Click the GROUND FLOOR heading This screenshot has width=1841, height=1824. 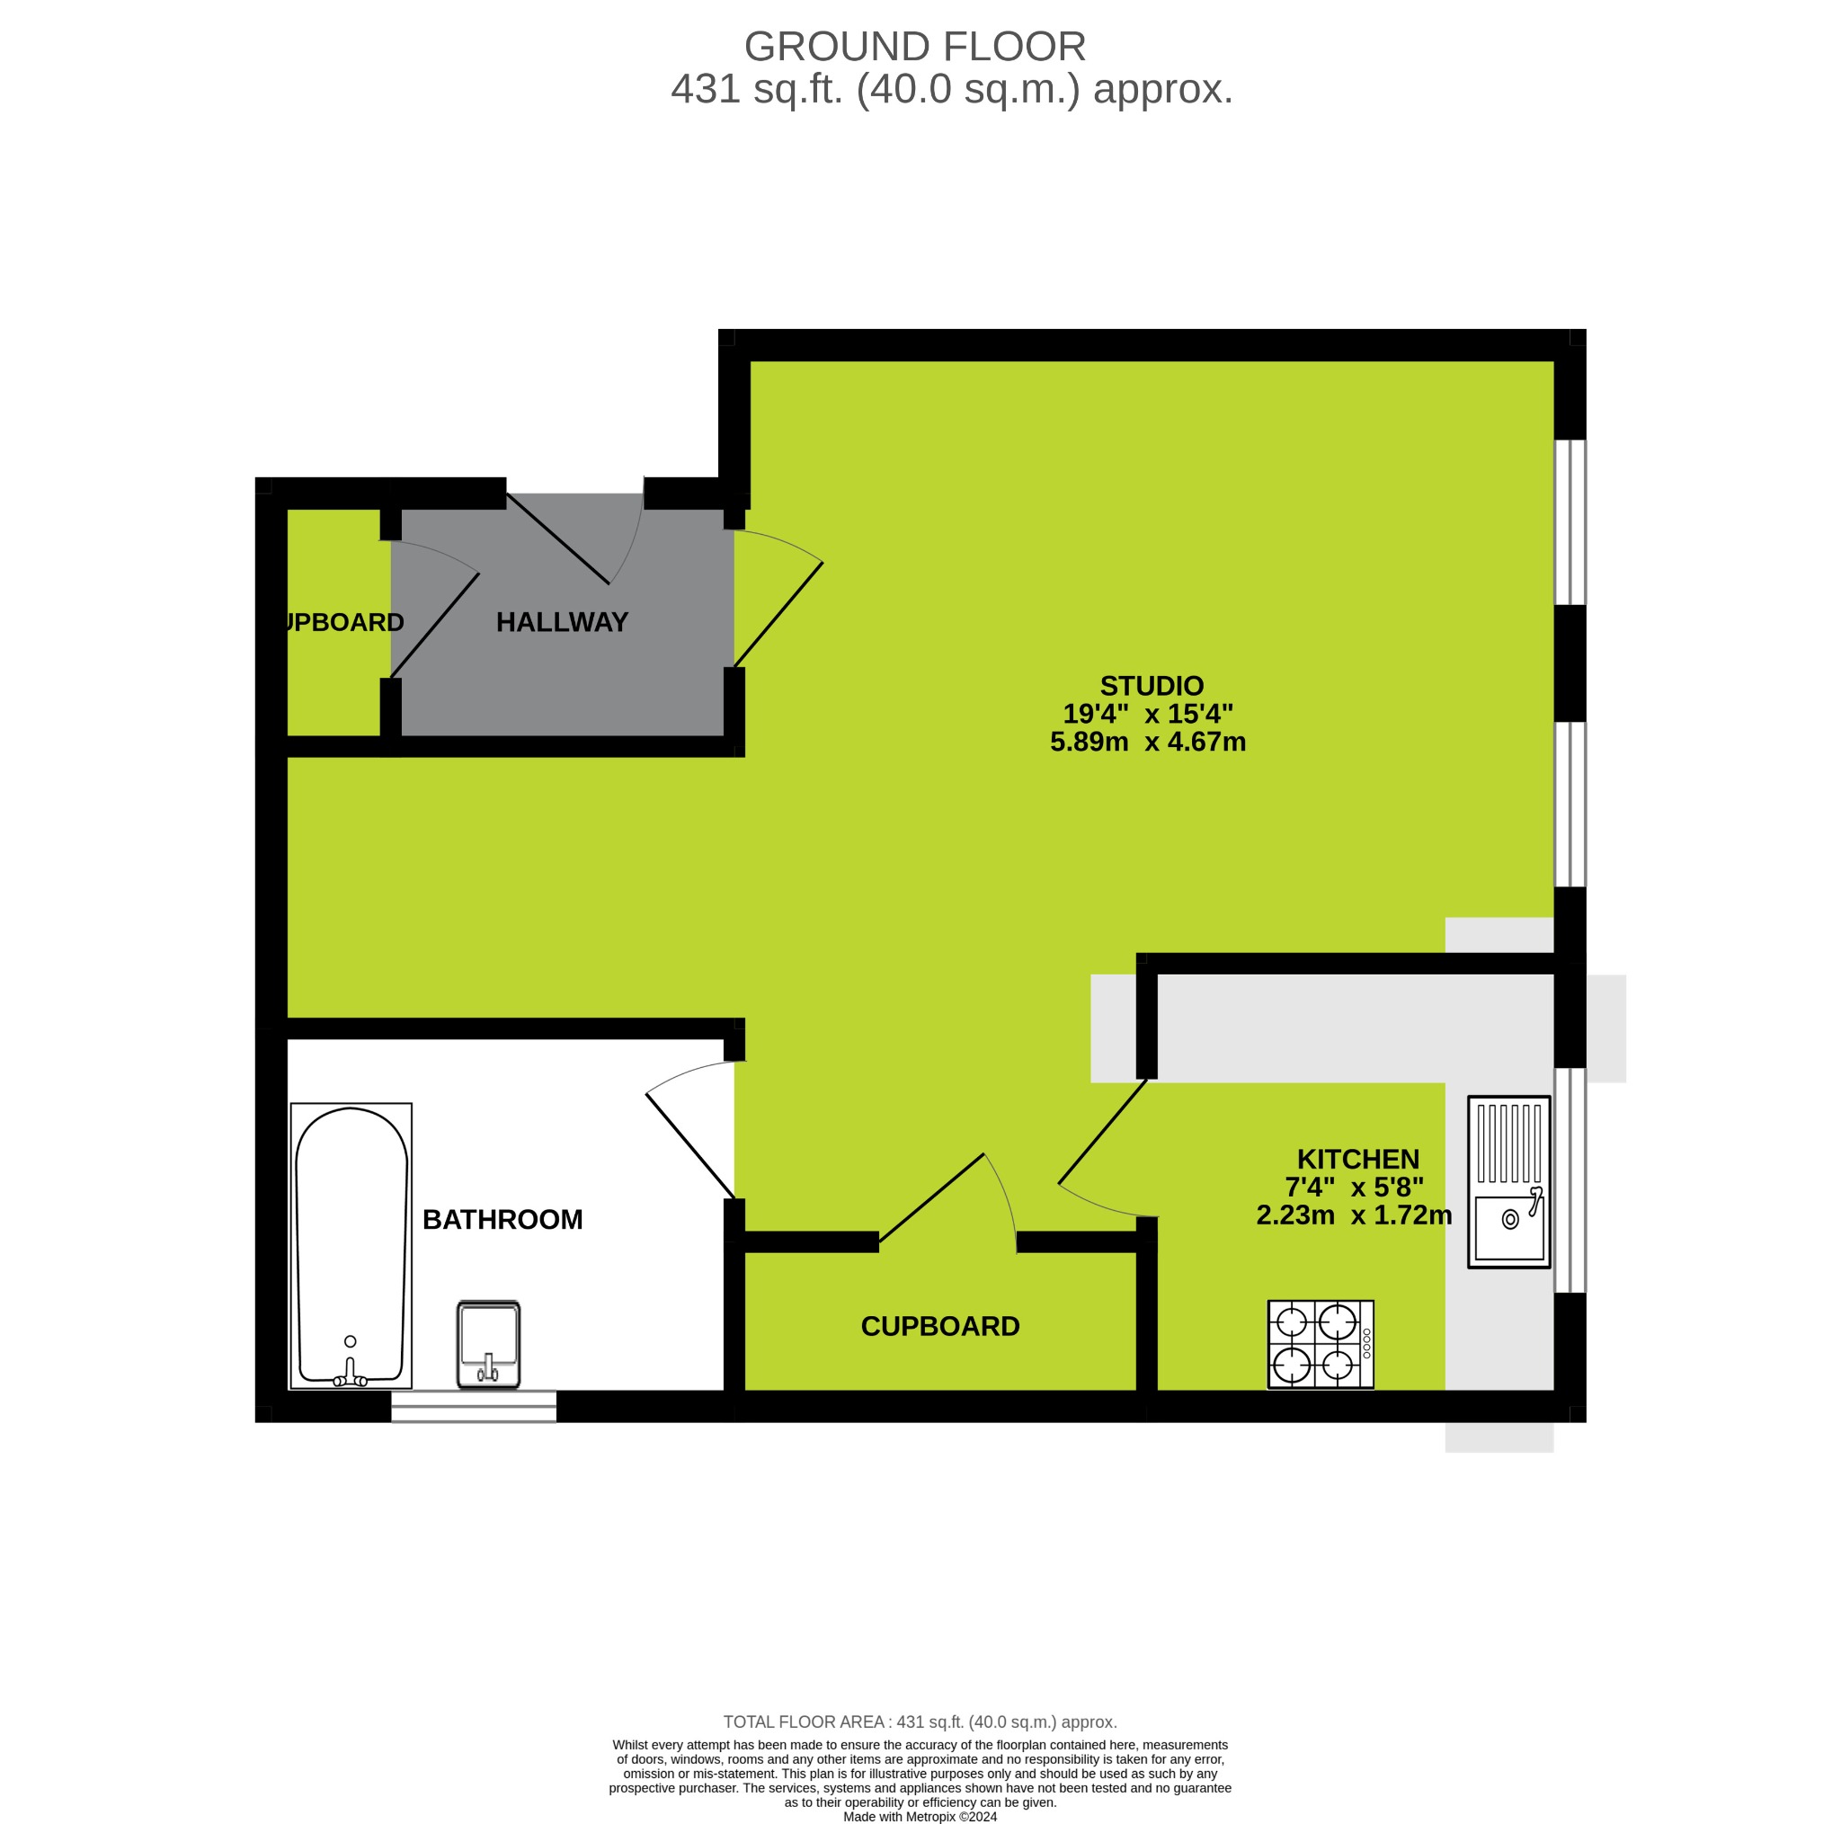[x=914, y=47]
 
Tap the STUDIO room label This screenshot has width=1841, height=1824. [x=1152, y=686]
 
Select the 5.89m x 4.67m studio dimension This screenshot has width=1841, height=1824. [x=1147, y=742]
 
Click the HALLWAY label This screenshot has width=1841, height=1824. [x=562, y=622]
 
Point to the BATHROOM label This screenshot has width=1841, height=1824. [x=502, y=1219]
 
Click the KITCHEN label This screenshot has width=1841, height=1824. [x=1358, y=1159]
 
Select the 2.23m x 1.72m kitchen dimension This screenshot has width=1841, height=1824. [x=1353, y=1215]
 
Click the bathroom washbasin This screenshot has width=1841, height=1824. [x=489, y=1343]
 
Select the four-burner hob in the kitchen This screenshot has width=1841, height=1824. [x=1320, y=1344]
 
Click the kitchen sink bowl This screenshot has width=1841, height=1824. [x=1509, y=1227]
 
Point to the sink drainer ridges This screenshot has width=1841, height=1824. [x=1509, y=1143]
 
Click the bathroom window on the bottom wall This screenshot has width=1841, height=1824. [x=474, y=1406]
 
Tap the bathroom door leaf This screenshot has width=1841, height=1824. [x=689, y=1145]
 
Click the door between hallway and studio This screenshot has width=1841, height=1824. [x=778, y=614]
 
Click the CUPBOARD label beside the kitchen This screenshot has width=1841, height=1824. [x=939, y=1327]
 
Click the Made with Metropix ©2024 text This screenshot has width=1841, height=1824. [x=920, y=1817]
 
